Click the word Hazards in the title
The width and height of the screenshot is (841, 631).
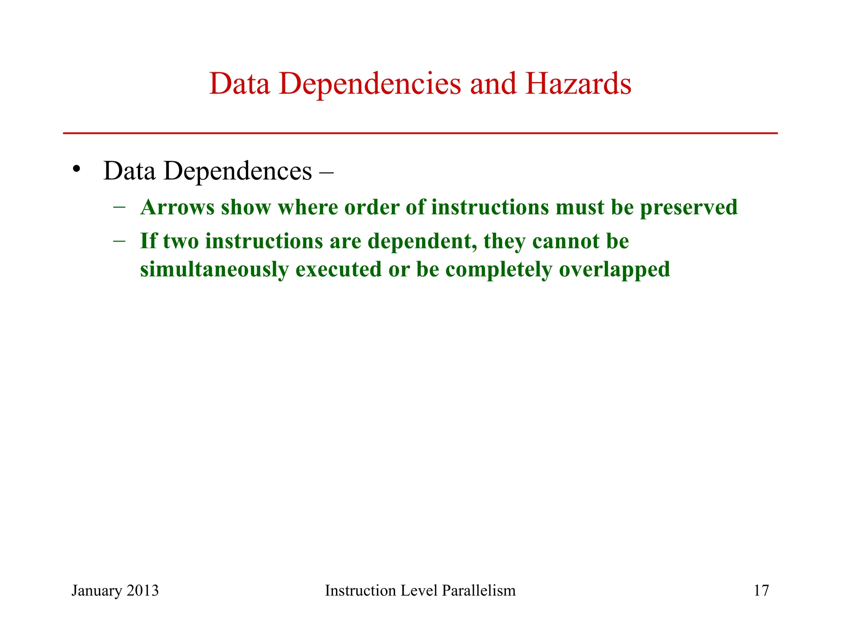[578, 84]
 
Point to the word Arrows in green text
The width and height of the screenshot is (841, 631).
[177, 207]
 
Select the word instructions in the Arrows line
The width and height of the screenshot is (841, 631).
[490, 207]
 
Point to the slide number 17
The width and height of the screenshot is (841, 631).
[761, 591]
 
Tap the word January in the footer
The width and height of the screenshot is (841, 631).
[97, 591]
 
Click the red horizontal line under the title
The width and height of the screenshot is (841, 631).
[420, 133]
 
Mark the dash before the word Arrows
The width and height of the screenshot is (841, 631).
[119, 207]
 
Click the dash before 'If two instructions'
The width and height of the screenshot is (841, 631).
[119, 241]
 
